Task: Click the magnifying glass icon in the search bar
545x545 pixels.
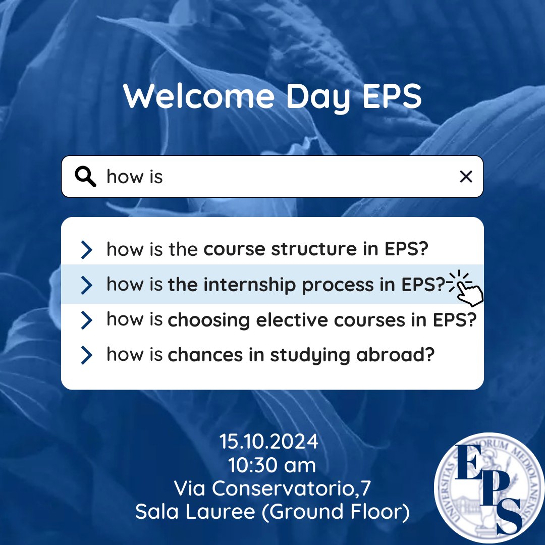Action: point(85,177)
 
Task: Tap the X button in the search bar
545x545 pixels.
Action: point(466,177)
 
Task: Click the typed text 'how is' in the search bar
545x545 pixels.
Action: point(135,177)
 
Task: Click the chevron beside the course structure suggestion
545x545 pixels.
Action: point(87,249)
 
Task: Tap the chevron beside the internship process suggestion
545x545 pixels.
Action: point(87,285)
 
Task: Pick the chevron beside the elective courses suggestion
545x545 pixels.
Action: point(87,320)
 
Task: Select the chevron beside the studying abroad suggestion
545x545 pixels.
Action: point(87,355)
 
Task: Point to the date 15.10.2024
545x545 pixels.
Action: point(269,442)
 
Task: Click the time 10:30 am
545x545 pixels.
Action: point(272,465)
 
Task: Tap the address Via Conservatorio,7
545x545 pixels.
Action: point(272,488)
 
